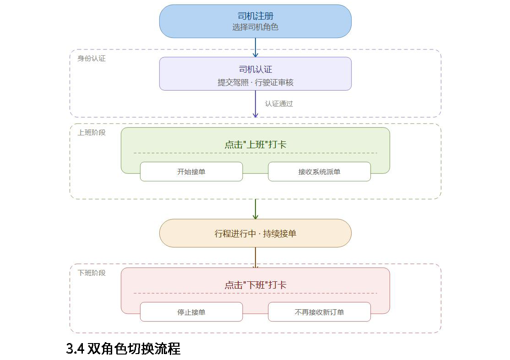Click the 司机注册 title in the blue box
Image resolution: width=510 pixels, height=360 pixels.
click(x=255, y=16)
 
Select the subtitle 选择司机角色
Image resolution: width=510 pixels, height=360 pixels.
click(x=255, y=27)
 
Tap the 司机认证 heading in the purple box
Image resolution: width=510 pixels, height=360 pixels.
click(x=255, y=69)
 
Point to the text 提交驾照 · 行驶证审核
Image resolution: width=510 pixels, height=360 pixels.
click(x=255, y=82)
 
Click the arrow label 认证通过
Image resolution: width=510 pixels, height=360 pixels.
click(x=279, y=104)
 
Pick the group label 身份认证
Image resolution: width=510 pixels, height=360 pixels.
click(x=92, y=59)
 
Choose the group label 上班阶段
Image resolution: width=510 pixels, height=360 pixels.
click(x=92, y=133)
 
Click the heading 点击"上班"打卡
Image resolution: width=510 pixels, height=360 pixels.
click(x=255, y=145)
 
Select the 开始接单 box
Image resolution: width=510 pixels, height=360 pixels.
click(x=191, y=172)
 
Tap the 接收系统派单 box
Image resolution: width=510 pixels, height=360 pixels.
click(x=319, y=172)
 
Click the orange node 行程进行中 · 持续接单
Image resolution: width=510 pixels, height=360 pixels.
click(x=255, y=233)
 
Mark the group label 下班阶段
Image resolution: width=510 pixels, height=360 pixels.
click(x=92, y=273)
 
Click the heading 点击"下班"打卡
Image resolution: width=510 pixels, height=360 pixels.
click(x=255, y=285)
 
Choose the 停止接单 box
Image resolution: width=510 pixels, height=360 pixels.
click(x=191, y=312)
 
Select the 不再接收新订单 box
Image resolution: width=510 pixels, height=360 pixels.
click(x=319, y=312)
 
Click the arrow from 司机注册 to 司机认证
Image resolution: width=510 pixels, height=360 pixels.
click(x=255, y=48)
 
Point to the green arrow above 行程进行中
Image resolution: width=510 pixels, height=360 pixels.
click(x=255, y=209)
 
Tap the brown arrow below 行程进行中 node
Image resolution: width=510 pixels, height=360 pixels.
click(x=255, y=258)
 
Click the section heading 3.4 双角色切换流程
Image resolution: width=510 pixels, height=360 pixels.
click(x=123, y=349)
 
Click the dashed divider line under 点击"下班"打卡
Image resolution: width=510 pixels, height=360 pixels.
click(x=255, y=293)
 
